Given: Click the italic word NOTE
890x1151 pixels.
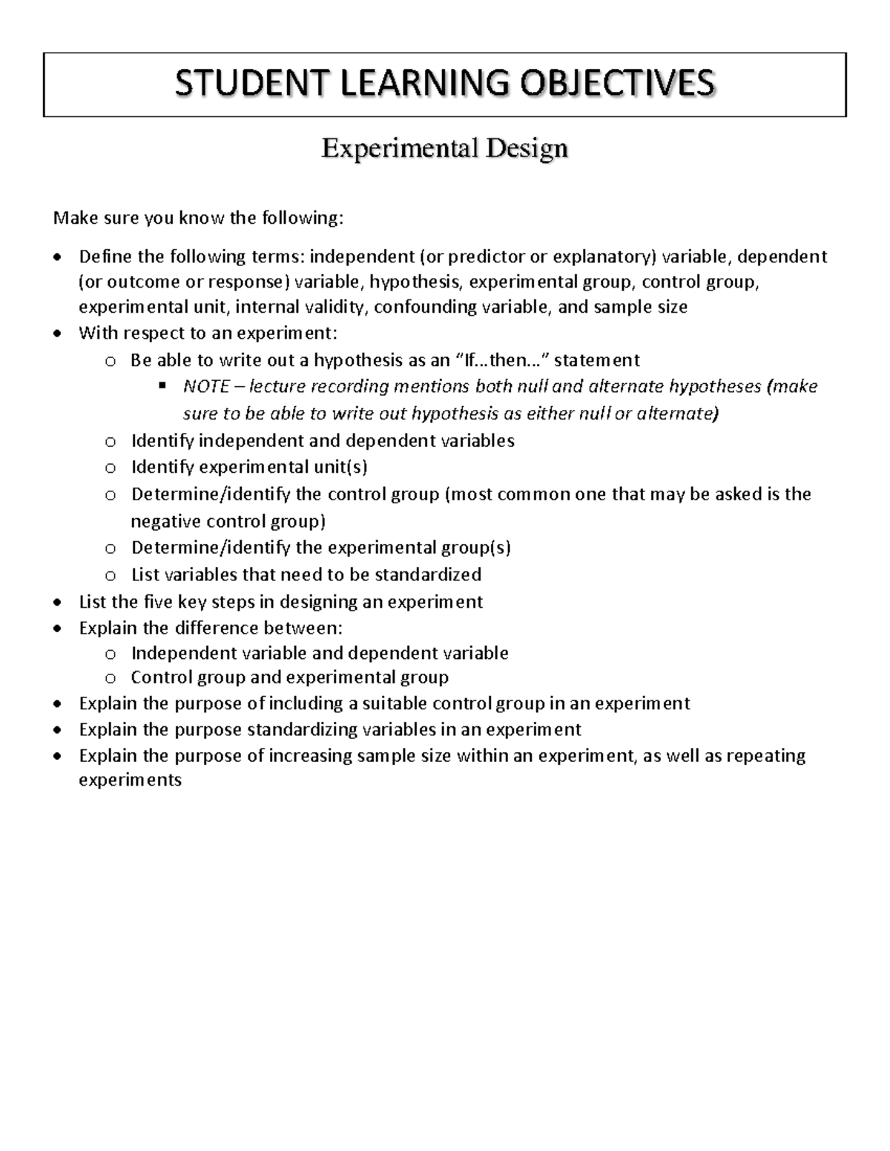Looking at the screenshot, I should [205, 387].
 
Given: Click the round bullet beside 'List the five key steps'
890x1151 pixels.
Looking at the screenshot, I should [59, 603].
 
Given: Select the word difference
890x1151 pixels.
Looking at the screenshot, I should [222, 628].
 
